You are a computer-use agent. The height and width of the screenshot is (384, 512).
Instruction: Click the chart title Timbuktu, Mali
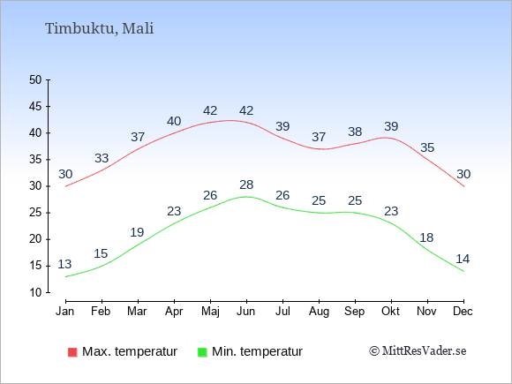point(99,29)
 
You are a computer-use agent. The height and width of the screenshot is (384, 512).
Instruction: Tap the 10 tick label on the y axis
point(35,292)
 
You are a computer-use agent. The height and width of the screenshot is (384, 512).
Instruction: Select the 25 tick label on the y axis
point(35,213)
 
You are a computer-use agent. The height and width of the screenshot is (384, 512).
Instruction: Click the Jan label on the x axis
point(65,312)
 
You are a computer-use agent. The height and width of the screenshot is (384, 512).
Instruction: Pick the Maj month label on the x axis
point(210,312)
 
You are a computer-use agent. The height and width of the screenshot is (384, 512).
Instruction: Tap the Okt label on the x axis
point(390,312)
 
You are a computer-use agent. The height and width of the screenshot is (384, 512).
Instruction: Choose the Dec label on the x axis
point(463,312)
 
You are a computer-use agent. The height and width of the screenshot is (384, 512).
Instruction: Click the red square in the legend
point(72,352)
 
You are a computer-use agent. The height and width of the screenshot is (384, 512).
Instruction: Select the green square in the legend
point(202,352)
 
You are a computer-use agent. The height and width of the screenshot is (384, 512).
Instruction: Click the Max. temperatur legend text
point(130,351)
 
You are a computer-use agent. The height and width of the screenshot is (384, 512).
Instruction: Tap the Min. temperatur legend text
point(257,351)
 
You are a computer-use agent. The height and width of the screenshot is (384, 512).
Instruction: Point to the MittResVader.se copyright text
point(418,351)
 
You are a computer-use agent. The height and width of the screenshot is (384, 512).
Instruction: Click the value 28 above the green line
point(246,184)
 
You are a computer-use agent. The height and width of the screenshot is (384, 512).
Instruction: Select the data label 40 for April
point(174,122)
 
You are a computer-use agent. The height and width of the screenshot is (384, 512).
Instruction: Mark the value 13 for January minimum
point(64,264)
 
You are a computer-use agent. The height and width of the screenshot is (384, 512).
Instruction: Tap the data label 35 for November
point(427,148)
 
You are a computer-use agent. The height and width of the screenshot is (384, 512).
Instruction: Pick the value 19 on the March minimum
point(137,232)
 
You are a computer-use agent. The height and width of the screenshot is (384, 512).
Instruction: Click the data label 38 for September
point(355,132)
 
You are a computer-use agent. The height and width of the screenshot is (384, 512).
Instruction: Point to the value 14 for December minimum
point(463,259)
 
